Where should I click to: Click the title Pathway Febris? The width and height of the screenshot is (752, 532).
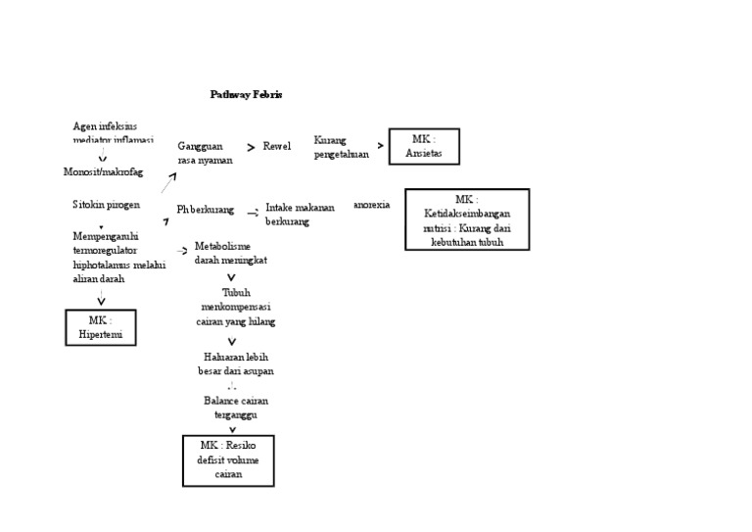click(x=246, y=95)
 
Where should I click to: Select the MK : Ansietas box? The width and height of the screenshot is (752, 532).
click(x=423, y=147)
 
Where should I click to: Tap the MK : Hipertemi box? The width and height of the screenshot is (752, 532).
click(x=101, y=327)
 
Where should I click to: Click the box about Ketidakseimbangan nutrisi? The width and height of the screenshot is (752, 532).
click(x=467, y=219)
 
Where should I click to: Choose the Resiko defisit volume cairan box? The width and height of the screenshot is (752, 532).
click(x=228, y=460)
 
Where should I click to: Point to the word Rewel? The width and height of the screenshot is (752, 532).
click(x=277, y=147)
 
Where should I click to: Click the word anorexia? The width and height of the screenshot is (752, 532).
click(x=371, y=205)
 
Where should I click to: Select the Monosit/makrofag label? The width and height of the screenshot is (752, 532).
click(x=103, y=172)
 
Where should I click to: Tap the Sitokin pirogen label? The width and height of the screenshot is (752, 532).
click(x=106, y=206)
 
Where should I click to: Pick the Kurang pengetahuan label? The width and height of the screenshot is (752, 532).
click(x=342, y=147)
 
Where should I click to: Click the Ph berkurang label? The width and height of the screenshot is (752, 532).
click(x=206, y=210)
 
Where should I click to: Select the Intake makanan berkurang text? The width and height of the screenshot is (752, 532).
click(x=300, y=215)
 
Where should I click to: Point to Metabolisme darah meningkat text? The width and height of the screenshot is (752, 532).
click(x=230, y=253)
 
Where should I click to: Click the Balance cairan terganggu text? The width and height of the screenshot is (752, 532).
click(x=235, y=408)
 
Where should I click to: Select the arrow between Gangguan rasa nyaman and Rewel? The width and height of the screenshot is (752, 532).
click(x=251, y=147)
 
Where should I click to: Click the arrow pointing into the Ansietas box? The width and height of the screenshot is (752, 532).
click(x=380, y=146)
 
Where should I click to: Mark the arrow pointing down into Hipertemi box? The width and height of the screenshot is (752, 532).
click(x=101, y=301)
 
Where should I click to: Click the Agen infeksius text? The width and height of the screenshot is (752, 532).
click(x=106, y=126)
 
